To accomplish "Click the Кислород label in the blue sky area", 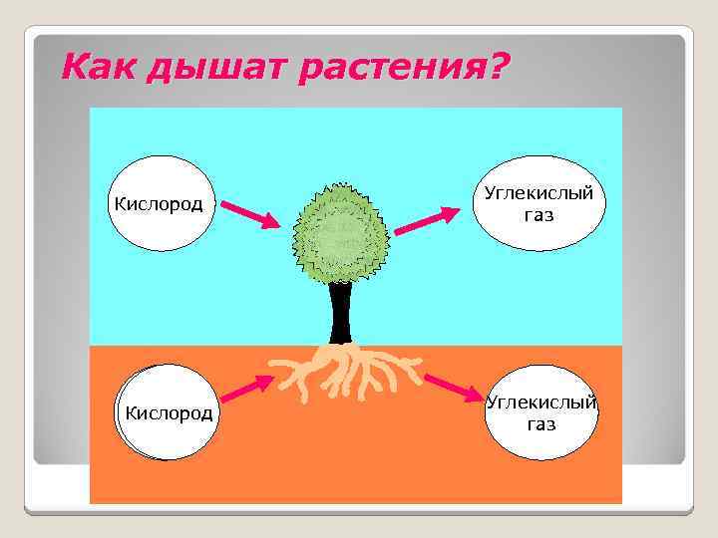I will coord(160,205).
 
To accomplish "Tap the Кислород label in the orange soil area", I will coord(168,412).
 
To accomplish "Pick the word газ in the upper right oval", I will coord(538,215).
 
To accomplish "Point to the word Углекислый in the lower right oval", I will coord(541,403).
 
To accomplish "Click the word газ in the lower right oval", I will coord(541,424).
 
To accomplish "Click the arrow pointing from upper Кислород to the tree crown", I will coord(251,214).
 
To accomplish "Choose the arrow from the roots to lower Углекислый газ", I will coord(454,388).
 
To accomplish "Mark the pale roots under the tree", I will coord(344,371).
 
